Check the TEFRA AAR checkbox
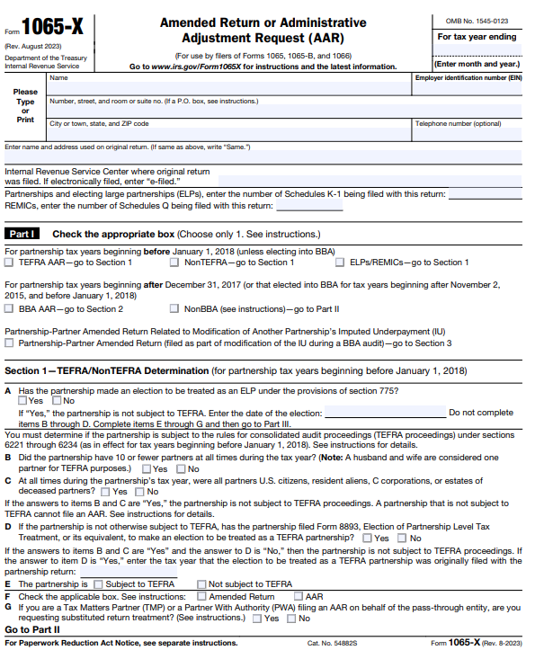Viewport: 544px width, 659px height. click(x=10, y=263)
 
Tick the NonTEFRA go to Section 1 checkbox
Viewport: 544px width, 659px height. click(x=174, y=263)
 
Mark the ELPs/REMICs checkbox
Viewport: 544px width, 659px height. click(x=341, y=263)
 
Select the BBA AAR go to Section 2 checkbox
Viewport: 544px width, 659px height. click(x=10, y=308)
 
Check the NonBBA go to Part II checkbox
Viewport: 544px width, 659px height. click(x=174, y=308)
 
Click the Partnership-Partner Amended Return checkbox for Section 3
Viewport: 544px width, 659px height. click(x=10, y=343)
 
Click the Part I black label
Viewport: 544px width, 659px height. click(x=23, y=234)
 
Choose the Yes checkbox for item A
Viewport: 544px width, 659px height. click(x=23, y=401)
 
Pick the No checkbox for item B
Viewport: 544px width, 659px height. click(x=182, y=469)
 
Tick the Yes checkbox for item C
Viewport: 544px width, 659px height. click(x=104, y=492)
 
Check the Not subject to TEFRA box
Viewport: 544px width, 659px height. click(x=201, y=584)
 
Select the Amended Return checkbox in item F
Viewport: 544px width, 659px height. click(x=201, y=596)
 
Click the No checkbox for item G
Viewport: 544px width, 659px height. click(x=292, y=619)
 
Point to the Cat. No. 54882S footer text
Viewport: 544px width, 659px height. click(x=333, y=644)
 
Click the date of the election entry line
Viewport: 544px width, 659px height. click(x=385, y=413)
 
